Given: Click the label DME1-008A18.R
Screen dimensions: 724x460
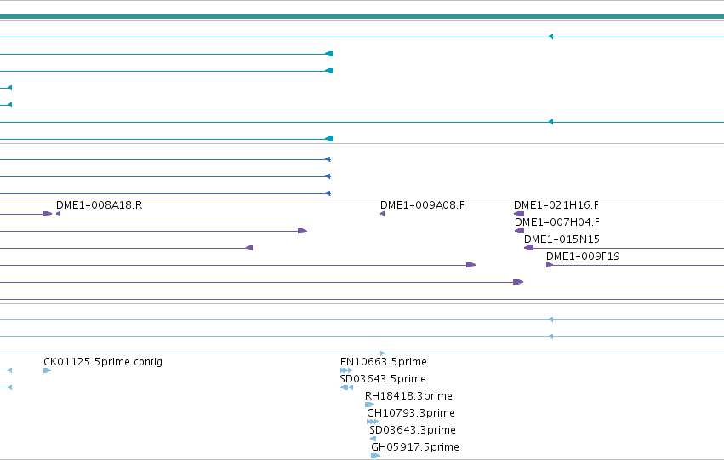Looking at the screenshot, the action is point(100,205).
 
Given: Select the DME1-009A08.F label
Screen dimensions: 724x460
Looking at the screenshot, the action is point(422,205).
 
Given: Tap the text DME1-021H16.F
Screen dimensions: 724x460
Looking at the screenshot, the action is point(556,205).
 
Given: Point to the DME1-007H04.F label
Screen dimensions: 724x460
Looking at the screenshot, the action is point(557,222).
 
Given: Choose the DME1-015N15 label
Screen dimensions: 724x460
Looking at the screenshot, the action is point(562,239).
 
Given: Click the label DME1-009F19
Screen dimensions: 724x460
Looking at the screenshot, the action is point(583,256).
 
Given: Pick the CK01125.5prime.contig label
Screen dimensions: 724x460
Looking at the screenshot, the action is point(103,362).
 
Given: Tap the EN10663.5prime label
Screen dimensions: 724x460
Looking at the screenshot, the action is point(383,362).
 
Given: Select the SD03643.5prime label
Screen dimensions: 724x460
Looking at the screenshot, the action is point(383,379).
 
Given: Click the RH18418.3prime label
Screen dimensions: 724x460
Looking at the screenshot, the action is point(408,396).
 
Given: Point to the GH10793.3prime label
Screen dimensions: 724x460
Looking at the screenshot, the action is point(411,413).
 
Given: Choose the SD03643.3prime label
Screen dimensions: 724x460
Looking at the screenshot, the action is point(413,430).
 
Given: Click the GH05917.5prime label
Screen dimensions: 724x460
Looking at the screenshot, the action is point(415,447).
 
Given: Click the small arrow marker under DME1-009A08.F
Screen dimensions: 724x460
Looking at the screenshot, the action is point(382,214).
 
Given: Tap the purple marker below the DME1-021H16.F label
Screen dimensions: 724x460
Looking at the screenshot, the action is point(519,214).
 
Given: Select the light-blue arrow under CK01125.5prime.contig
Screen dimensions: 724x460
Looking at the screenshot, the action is point(47,371).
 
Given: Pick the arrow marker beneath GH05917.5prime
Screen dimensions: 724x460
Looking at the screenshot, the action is point(375,456).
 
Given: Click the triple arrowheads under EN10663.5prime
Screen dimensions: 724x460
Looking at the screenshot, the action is point(346,371).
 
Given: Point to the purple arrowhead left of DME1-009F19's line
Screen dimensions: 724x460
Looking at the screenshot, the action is point(550,265).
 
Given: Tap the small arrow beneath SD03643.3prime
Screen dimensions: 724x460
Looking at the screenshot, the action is point(373,439).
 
